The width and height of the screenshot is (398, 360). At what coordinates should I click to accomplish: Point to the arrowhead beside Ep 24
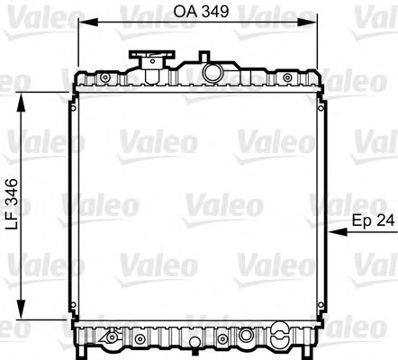coord(336,232)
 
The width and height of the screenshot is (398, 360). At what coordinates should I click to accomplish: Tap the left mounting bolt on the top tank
coord(104,78)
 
